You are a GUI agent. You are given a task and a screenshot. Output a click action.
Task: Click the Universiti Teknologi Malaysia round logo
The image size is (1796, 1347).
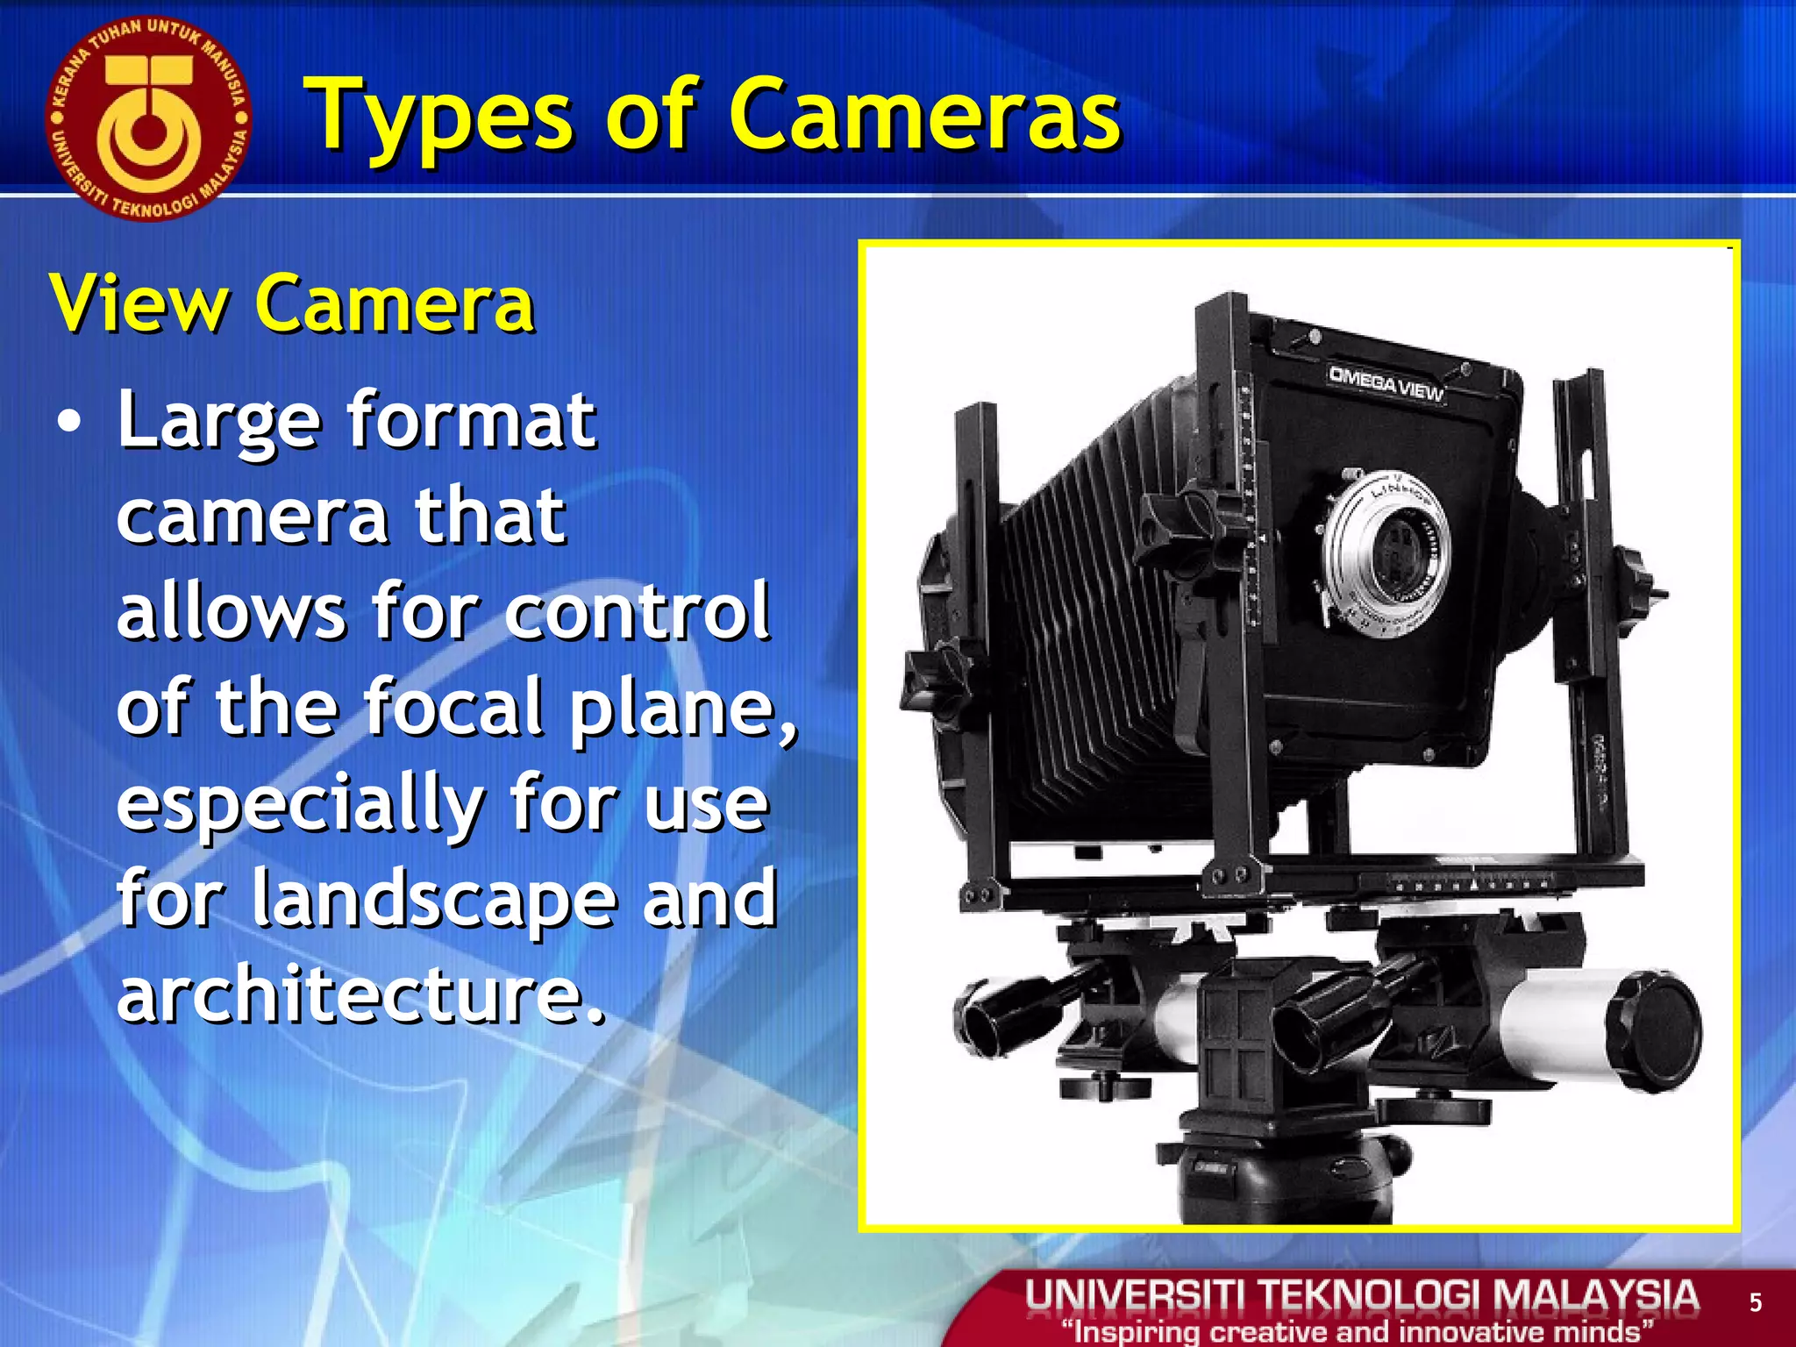coord(148,118)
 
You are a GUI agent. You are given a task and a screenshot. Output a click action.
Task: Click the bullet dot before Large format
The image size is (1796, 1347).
coord(68,423)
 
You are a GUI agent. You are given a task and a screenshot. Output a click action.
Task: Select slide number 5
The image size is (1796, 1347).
coord(1755,1303)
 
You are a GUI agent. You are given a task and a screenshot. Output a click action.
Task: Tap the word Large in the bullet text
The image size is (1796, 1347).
coord(218,420)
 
